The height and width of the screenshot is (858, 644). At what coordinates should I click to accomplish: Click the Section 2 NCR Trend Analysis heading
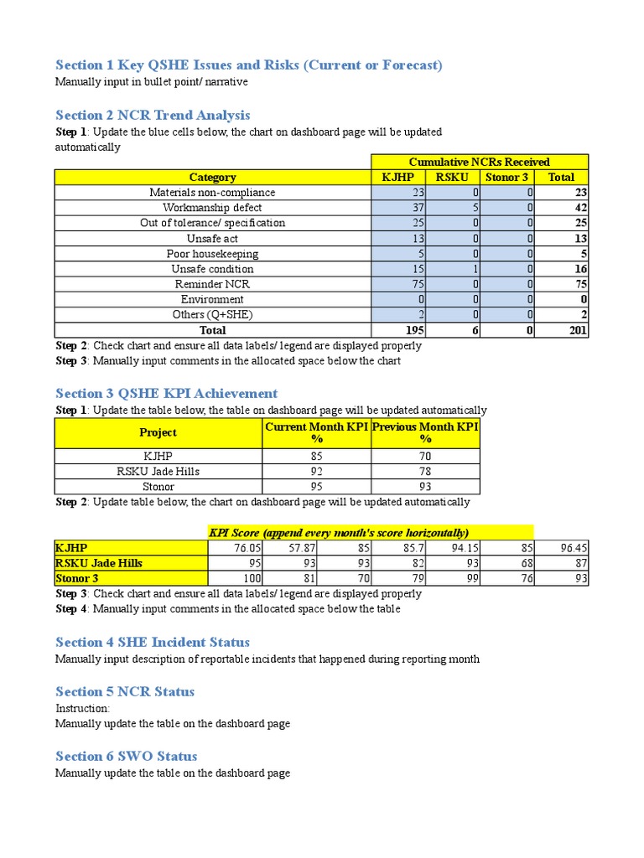click(x=153, y=115)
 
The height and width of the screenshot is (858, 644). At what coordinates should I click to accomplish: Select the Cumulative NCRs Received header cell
click(x=479, y=162)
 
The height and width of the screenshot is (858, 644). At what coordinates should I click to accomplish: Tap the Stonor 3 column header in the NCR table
click(x=506, y=177)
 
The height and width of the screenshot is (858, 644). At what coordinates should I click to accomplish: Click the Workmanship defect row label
click(x=212, y=207)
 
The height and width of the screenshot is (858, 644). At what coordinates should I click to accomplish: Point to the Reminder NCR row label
click(x=212, y=284)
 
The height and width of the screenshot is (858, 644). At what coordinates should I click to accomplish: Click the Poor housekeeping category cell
click(x=212, y=254)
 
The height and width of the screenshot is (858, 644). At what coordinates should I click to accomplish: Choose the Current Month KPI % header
click(x=317, y=432)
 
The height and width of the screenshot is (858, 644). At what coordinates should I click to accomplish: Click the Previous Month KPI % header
click(x=425, y=432)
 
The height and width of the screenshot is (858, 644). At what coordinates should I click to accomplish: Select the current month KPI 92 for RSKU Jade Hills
click(x=317, y=471)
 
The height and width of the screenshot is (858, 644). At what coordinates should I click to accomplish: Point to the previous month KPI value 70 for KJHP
click(x=425, y=456)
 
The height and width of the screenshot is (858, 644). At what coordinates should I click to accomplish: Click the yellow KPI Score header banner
click(x=370, y=533)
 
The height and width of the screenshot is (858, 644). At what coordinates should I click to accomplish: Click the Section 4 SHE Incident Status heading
click(x=153, y=642)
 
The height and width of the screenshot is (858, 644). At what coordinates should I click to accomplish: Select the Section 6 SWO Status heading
click(x=127, y=756)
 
